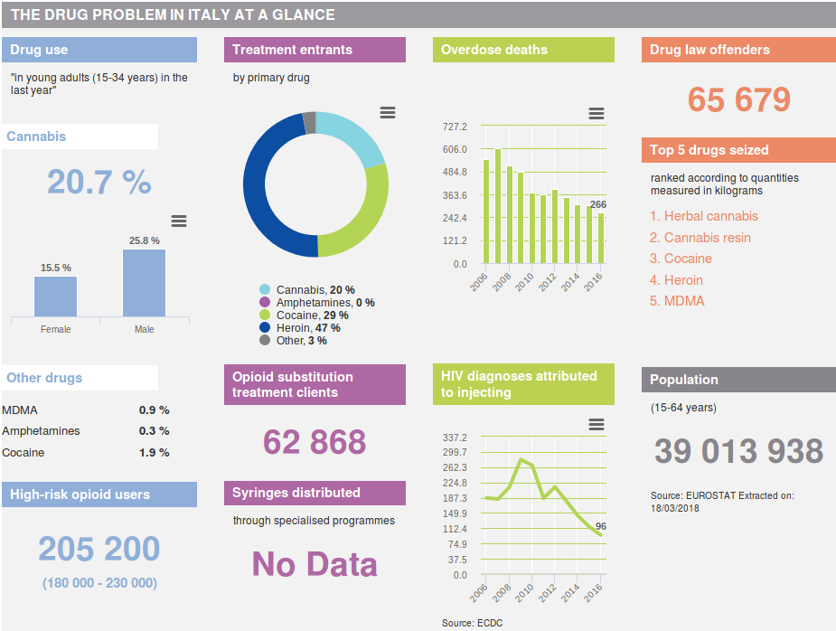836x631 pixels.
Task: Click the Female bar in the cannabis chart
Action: (55, 296)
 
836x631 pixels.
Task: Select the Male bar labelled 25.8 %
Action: (144, 282)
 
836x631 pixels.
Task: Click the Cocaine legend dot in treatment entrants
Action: (265, 315)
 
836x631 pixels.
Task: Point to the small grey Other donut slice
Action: (310, 122)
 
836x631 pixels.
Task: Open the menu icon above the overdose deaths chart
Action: (596, 113)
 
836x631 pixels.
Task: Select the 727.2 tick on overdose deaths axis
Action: (454, 127)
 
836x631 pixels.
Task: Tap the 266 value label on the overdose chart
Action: (597, 204)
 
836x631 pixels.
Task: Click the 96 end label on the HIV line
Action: (601, 526)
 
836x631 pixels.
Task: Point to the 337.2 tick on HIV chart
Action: (454, 438)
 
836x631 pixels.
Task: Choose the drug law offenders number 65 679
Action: (738, 99)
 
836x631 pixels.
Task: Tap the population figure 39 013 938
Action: (738, 450)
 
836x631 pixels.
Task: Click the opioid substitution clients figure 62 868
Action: (315, 441)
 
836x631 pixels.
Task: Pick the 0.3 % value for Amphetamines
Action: (154, 431)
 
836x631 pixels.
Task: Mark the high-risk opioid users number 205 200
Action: (99, 548)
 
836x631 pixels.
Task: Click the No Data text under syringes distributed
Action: (315, 564)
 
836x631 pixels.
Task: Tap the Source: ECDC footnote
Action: (472, 623)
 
